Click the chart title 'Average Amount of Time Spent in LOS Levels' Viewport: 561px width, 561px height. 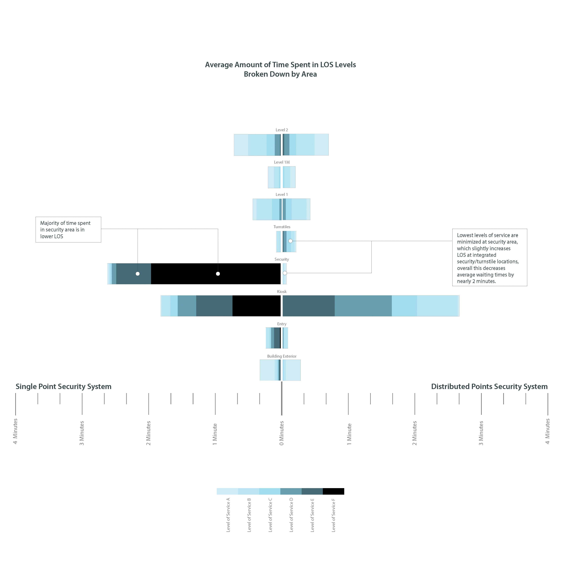[280, 65]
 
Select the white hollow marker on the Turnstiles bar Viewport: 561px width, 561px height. [290, 241]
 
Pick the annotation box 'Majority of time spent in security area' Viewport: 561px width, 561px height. [68, 229]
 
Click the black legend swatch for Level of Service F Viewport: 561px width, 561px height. [333, 491]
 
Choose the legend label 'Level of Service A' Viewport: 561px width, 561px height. [228, 515]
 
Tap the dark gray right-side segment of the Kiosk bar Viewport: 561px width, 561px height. [308, 306]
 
